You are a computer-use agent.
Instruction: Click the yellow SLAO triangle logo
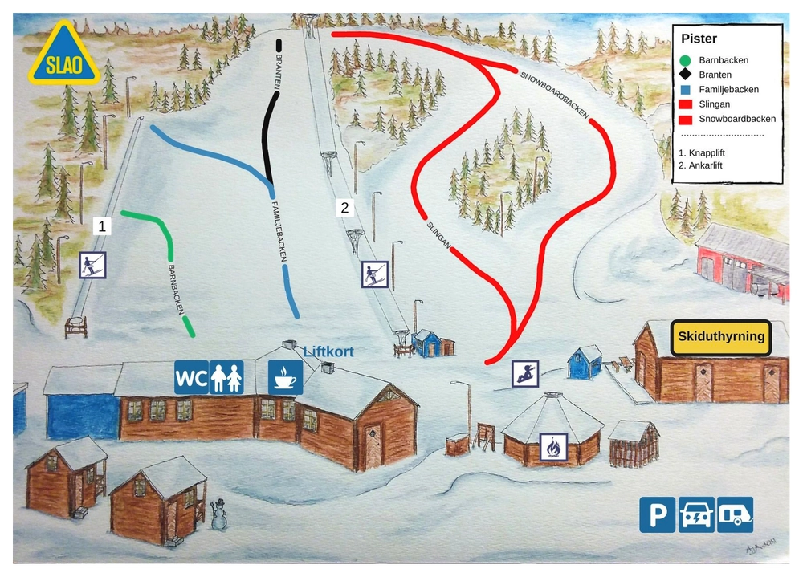(63, 56)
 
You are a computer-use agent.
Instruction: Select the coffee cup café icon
(285, 377)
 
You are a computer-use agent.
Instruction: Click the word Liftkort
(328, 351)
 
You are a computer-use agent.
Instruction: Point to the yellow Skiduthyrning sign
(721, 337)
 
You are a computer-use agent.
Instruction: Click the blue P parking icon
(657, 514)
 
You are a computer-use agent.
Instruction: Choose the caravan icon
(736, 514)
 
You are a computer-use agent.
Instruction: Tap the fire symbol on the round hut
(553, 446)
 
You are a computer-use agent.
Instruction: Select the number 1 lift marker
(102, 226)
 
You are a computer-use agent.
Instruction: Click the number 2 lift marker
(345, 208)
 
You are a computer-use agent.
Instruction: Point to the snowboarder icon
(525, 373)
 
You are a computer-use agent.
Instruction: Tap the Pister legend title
(699, 39)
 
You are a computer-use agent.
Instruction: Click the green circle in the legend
(684, 60)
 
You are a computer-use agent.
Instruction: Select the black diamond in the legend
(684, 75)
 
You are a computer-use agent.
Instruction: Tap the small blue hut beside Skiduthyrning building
(585, 363)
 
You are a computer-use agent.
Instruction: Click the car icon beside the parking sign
(696, 514)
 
